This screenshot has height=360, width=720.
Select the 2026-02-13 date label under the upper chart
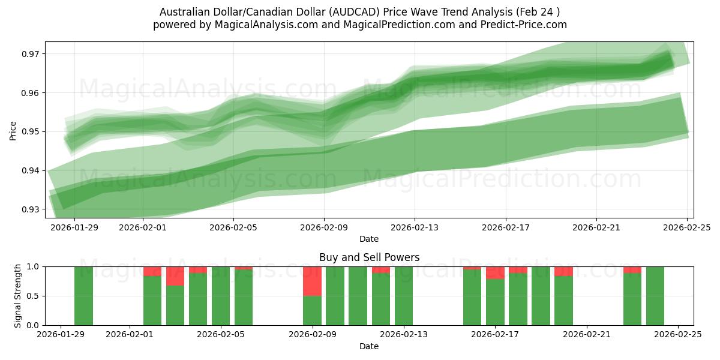point(415,227)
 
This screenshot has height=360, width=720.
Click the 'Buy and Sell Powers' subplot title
point(369,258)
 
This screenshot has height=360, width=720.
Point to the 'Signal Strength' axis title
point(18,296)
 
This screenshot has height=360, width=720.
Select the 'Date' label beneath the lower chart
point(369,346)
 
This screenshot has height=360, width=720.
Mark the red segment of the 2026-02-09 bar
point(312,281)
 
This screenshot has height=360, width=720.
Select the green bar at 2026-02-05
point(221,296)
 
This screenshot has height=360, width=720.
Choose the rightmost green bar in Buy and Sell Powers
point(655,296)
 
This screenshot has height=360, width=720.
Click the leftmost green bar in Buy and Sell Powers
point(83,296)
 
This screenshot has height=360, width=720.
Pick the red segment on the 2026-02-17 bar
point(495,272)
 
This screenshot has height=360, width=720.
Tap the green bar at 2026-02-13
point(404,296)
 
